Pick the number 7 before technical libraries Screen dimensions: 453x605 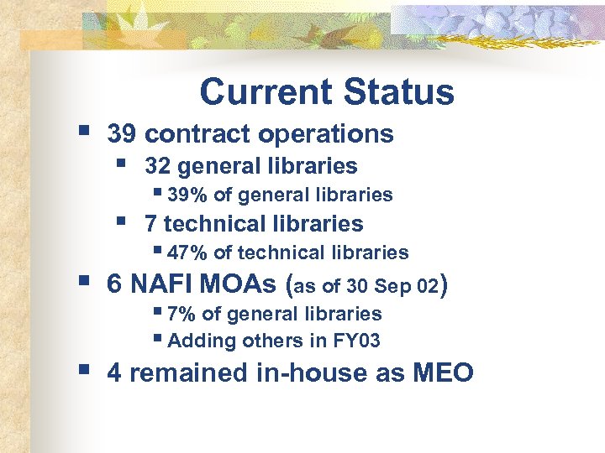click(150, 224)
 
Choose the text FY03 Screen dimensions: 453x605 click(357, 341)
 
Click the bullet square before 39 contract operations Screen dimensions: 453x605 click(82, 130)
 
